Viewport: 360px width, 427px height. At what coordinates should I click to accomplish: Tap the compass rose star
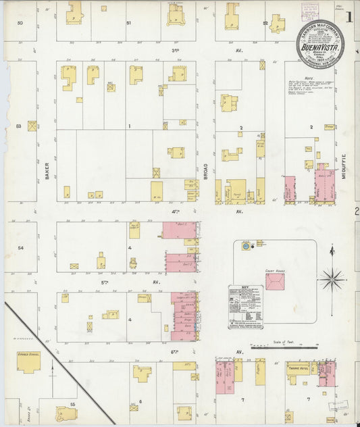(332, 277)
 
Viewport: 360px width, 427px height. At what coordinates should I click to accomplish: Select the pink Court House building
(275, 282)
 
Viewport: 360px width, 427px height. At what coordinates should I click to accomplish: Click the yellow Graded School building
(28, 364)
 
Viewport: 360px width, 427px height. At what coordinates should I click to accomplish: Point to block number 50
(20, 23)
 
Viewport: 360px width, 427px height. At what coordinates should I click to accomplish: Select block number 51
(128, 23)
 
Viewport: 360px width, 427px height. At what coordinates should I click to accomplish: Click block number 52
(266, 23)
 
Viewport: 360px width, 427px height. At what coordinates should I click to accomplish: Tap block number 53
(19, 126)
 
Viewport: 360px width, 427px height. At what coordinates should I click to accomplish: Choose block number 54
(20, 248)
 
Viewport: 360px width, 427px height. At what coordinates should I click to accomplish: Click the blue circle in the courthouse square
(245, 247)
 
